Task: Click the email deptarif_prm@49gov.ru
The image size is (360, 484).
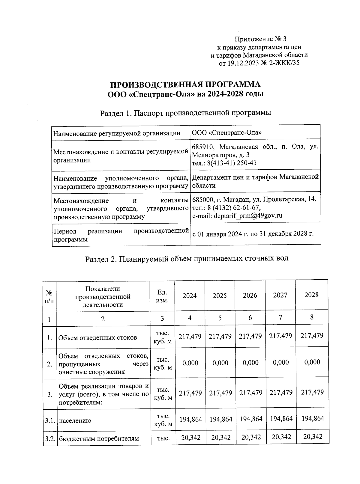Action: pos(237,216)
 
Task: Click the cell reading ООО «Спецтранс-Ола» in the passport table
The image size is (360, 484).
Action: pos(226,132)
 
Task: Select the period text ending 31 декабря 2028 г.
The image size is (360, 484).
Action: pos(253,234)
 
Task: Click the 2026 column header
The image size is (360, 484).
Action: pos(250,295)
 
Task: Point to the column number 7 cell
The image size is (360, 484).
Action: pos(280,317)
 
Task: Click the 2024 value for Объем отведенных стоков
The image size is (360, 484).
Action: pos(190,337)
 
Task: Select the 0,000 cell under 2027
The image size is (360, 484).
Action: pos(281,362)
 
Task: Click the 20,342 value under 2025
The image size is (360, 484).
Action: pos(221,437)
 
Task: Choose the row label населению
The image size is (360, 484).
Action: pos(75,420)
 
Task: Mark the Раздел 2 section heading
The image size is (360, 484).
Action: pos(187,259)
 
